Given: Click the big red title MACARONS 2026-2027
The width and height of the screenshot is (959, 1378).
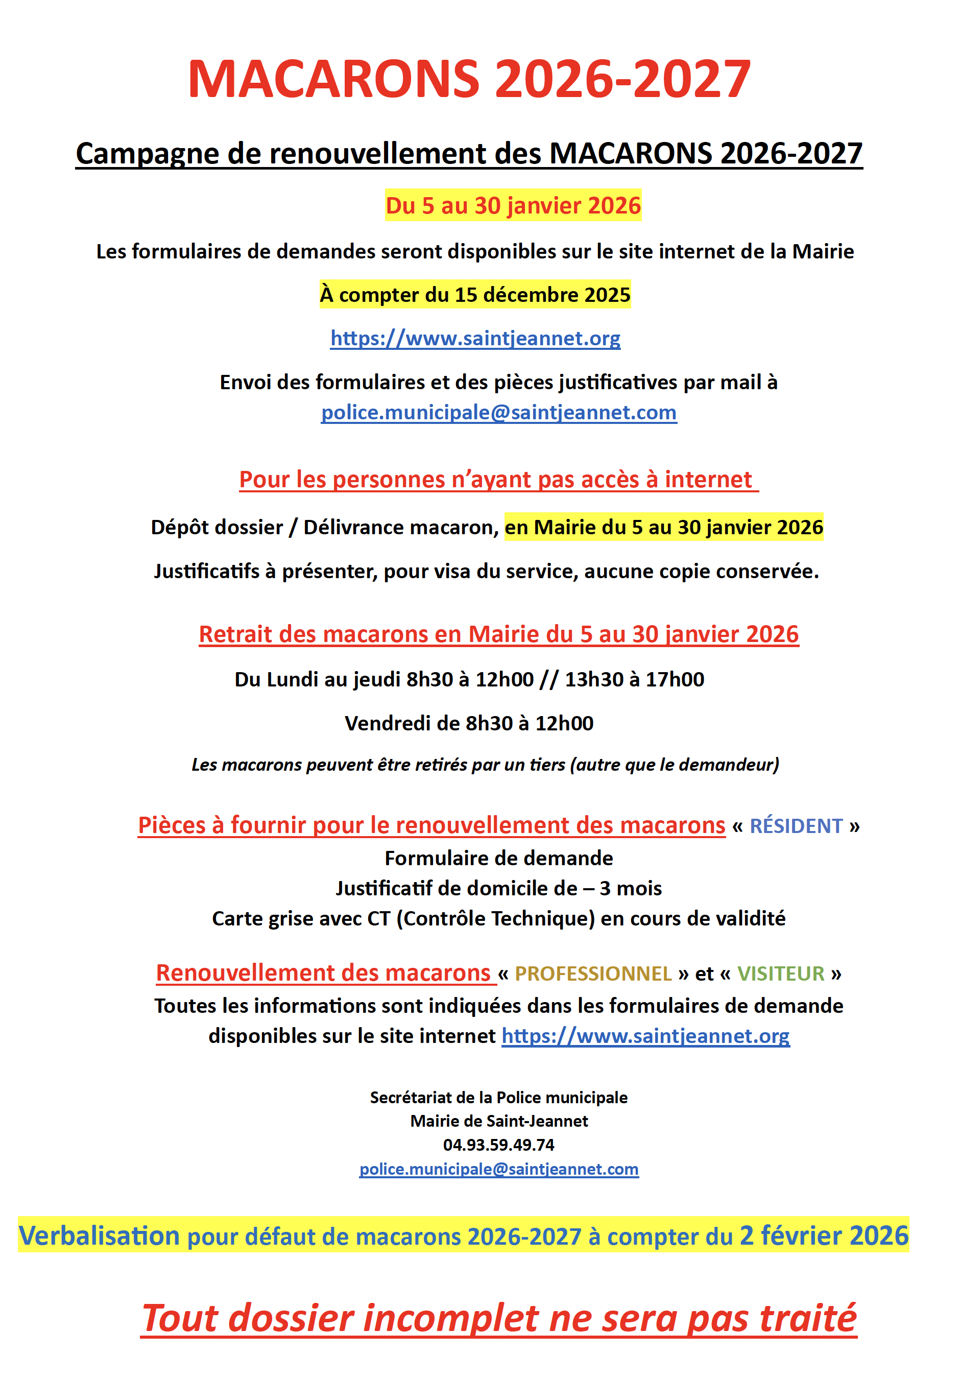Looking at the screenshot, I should [469, 79].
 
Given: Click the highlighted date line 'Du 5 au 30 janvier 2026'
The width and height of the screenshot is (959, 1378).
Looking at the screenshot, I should [513, 206].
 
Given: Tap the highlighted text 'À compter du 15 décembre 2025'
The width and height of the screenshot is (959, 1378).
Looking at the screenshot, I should [475, 295].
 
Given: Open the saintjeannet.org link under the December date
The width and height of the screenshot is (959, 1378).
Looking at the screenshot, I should [475, 339].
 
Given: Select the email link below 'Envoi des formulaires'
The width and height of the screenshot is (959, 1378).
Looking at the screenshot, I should [499, 413].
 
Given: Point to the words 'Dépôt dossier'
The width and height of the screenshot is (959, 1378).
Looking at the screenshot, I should [217, 527].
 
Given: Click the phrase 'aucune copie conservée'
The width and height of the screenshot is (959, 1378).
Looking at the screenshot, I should [702, 572].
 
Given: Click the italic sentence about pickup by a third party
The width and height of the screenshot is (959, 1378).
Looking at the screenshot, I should [485, 765].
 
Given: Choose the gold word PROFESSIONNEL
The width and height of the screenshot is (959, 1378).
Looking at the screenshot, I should [593, 973].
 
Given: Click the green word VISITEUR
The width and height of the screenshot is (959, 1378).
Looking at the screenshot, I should [780, 973].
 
